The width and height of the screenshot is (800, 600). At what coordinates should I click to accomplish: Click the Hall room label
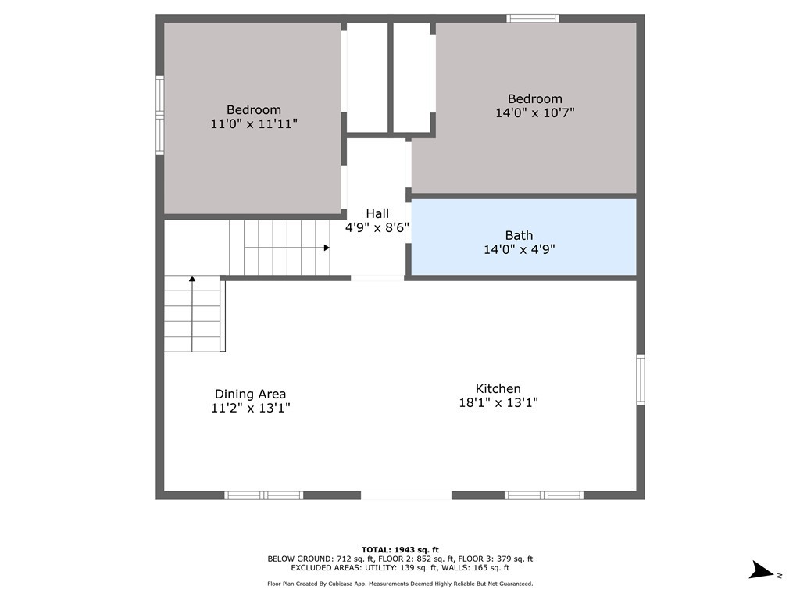pos(377,213)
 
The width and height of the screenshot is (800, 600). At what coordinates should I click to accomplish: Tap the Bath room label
pos(519,235)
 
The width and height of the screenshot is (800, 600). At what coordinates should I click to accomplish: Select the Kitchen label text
pos(498,388)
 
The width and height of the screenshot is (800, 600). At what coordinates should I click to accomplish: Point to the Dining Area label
pos(250,394)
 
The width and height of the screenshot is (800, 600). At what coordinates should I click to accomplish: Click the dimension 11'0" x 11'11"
pos(254,123)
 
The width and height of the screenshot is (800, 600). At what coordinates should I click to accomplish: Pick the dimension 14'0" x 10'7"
pos(534,112)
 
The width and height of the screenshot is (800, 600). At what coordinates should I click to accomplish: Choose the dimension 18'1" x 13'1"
pos(498,402)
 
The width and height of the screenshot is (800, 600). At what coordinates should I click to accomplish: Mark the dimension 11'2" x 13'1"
pos(251,408)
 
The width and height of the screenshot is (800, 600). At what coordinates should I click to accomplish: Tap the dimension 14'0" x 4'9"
pos(519,249)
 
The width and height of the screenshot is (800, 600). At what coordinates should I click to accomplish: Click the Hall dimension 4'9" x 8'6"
pos(377,227)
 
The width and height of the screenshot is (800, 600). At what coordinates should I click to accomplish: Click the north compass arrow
pos(762,570)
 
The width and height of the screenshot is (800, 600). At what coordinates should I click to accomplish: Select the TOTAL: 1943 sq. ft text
pos(400,549)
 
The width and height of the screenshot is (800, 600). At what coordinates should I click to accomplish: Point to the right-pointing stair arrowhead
pos(327,248)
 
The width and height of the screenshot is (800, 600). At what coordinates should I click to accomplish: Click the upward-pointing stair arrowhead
pos(192,279)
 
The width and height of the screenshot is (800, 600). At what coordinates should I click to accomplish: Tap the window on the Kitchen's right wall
pos(641,380)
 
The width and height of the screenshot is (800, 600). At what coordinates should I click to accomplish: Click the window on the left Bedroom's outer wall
pos(159,115)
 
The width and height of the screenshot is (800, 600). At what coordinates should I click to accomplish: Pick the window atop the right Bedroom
pos(533,19)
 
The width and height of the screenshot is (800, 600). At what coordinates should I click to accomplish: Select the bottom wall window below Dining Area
pos(264,495)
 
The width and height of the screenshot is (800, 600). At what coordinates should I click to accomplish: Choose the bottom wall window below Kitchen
pos(544,495)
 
